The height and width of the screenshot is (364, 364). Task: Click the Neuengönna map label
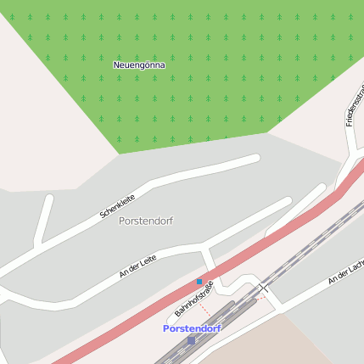139,64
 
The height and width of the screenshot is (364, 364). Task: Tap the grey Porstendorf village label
146,221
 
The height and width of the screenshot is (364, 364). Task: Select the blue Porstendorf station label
192,328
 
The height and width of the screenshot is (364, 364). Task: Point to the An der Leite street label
138,266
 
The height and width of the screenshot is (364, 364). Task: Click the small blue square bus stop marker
199,282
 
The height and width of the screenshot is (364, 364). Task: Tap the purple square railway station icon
191,340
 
